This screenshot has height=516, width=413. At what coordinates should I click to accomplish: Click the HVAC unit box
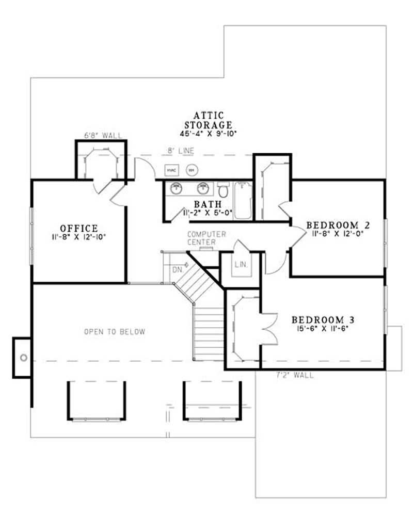(171, 170)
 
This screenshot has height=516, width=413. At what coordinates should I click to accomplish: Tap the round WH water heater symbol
(192, 170)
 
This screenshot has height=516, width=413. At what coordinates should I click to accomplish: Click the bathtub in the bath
(243, 200)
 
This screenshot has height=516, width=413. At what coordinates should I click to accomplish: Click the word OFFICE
(78, 228)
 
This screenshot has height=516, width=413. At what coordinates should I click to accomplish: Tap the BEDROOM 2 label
(339, 225)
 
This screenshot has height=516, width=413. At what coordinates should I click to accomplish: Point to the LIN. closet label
(241, 264)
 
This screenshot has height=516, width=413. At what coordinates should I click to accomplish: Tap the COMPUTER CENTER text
(206, 238)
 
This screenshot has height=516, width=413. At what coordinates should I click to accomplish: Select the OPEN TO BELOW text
(115, 332)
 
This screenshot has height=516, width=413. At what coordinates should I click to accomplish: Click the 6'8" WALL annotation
(103, 136)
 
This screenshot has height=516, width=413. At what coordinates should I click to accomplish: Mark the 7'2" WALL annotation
(295, 375)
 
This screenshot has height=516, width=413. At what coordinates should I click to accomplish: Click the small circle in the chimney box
(23, 357)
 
